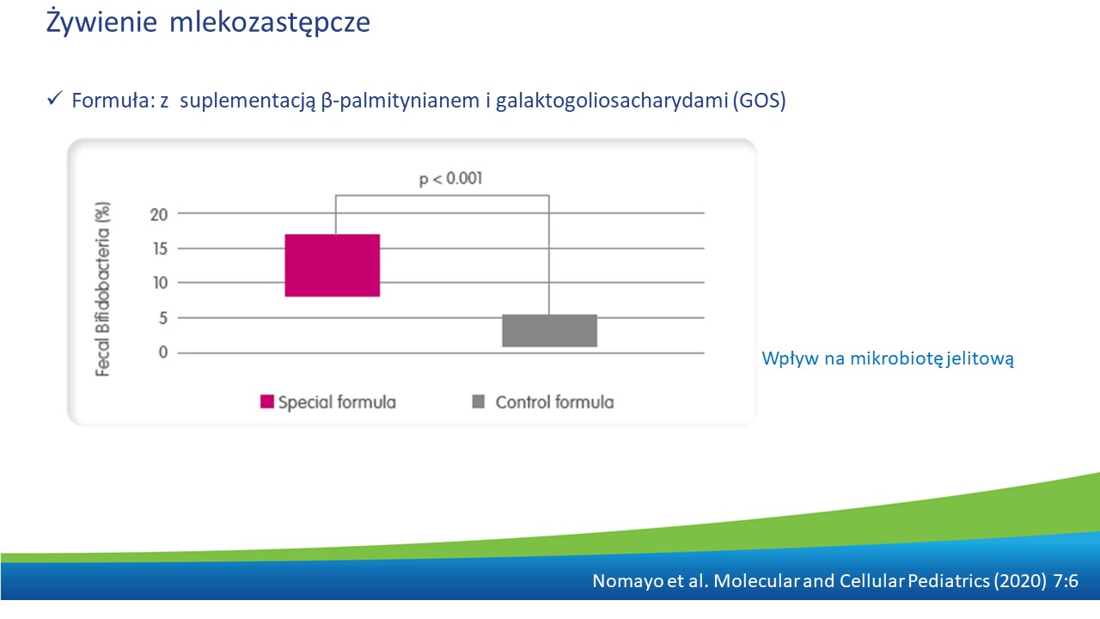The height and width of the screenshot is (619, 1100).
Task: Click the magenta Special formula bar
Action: (333, 266)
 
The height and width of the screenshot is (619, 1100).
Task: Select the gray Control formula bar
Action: (549, 331)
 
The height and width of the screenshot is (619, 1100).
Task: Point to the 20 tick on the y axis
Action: (159, 215)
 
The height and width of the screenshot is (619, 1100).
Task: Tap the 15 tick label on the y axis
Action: (160, 249)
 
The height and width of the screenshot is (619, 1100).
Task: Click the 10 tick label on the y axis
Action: (160, 283)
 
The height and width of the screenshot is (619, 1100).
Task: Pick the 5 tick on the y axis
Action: (163, 318)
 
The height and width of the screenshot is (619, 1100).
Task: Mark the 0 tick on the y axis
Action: (163, 352)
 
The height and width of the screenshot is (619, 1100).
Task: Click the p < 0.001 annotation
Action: (451, 179)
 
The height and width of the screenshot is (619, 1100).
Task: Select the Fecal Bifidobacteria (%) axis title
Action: (102, 290)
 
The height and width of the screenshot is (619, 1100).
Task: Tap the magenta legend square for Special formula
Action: (267, 401)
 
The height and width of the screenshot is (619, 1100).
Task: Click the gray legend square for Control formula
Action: (479, 401)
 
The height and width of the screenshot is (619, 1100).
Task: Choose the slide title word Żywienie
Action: (101, 22)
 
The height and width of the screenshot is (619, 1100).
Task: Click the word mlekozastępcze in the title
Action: (270, 23)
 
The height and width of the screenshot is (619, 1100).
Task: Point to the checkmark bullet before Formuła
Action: (54, 98)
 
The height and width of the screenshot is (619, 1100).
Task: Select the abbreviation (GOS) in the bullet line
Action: (760, 101)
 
